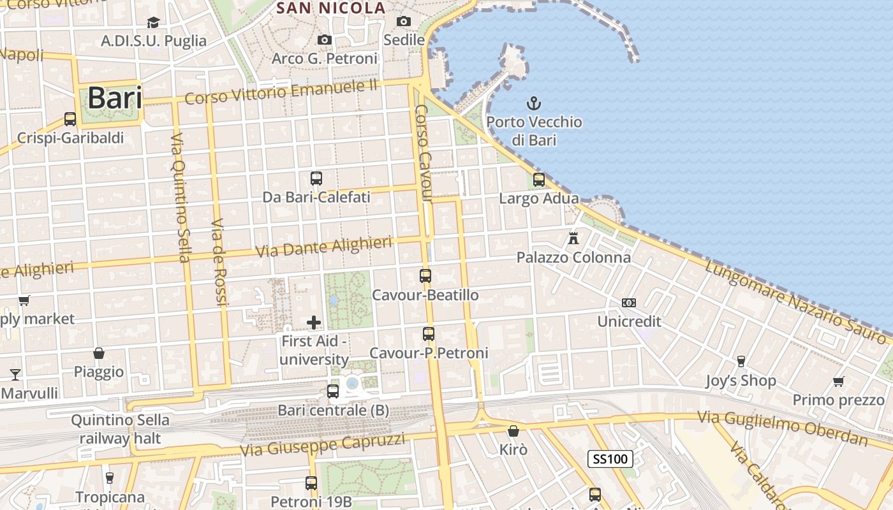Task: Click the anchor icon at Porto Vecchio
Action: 533,103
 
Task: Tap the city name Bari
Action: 115,98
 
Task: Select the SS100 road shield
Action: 610,458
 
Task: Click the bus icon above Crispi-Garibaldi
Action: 70,119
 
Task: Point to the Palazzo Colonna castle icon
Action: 573,238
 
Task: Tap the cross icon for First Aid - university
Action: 313,322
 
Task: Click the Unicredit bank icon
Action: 628,303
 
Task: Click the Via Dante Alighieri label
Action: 323,246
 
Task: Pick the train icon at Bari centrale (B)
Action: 332,391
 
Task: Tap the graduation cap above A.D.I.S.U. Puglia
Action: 153,23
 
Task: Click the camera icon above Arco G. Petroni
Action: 324,40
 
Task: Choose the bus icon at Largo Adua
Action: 539,179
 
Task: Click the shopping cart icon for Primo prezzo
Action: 838,381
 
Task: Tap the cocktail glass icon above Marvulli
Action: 15,374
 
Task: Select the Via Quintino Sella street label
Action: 181,198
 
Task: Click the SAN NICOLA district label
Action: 331,8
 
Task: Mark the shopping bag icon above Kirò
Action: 513,431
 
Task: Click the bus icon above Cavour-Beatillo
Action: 425,276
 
